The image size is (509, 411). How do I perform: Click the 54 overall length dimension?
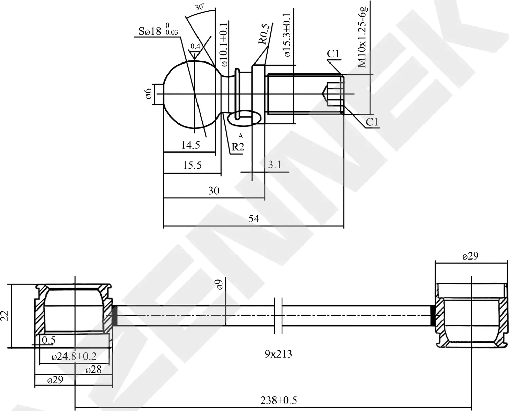(x=253, y=219)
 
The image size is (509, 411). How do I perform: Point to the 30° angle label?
(x=200, y=7)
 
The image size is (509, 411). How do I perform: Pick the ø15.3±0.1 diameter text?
(x=287, y=35)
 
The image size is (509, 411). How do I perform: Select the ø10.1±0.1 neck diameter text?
(x=224, y=44)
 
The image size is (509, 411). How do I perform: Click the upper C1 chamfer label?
(x=333, y=54)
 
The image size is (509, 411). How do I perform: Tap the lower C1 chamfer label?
(x=372, y=122)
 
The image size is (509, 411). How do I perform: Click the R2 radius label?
(x=238, y=147)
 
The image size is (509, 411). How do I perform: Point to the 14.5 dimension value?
(x=190, y=145)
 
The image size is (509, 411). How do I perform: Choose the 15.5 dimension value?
(x=192, y=165)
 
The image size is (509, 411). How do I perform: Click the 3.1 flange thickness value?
(x=275, y=165)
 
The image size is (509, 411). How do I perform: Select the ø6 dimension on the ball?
(x=148, y=94)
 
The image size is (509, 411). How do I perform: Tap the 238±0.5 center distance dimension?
(x=278, y=400)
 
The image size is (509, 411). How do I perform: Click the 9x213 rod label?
(x=278, y=354)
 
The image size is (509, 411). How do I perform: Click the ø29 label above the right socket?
(x=470, y=256)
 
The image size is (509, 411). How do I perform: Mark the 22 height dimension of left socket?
(x=5, y=316)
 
